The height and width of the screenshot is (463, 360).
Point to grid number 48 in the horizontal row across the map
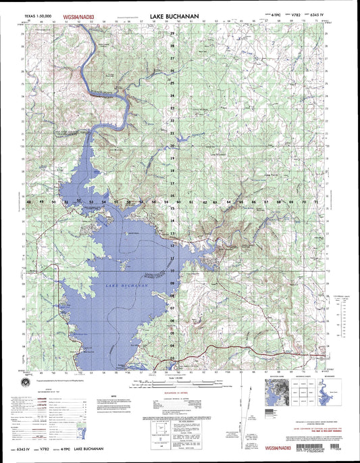pyautogui.click(x=29, y=202)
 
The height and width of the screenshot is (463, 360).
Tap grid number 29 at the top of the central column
pyautogui.click(x=172, y=33)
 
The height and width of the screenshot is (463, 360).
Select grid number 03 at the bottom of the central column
pyautogui.click(x=172, y=358)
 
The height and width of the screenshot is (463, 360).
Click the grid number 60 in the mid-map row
pyautogui.click(x=178, y=202)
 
